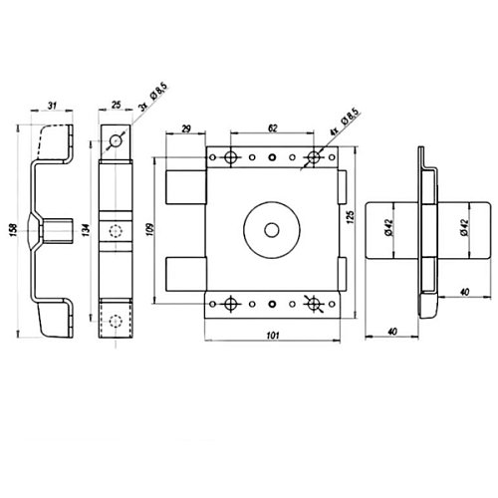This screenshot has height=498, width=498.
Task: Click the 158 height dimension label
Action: coord(13,229)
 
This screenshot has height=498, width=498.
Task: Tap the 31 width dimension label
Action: coord(52,106)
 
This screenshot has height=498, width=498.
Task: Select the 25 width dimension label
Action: coord(116,105)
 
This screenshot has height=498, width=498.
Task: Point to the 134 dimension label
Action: coord(86,229)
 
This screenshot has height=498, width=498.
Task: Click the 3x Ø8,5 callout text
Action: coord(153,98)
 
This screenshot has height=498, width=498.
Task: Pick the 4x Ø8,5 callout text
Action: coord(345,122)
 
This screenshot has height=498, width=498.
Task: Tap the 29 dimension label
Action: coord(186,128)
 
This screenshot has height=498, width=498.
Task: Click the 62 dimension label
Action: coord(272,128)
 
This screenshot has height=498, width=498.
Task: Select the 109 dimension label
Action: coord(151,229)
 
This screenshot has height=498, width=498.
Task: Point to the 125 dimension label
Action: coord(351,216)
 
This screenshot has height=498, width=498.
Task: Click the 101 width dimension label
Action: coord(273,336)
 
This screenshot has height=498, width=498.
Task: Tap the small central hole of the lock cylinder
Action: coord(272,230)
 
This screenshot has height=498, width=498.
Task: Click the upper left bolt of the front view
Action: coord(185,187)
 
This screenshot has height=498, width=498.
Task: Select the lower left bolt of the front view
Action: coord(185,274)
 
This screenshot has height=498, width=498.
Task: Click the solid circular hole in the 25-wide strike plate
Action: coord(116,141)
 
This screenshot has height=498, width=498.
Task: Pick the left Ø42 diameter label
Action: coord(389,228)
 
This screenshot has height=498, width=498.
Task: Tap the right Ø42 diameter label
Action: coord(464,228)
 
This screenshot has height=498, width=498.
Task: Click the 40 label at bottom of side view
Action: coord(392,332)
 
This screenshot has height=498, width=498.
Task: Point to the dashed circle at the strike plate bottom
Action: coord(116,321)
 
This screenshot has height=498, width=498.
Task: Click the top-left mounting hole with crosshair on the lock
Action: coord(230,157)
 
